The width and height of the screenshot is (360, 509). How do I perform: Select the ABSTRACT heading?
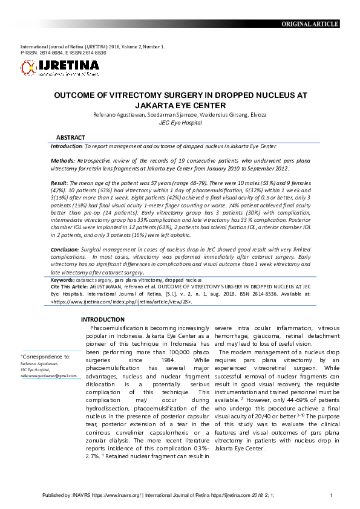coord(70,138)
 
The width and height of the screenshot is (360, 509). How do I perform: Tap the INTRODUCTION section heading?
coord(103,319)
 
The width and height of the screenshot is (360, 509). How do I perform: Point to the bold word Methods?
coord(63,163)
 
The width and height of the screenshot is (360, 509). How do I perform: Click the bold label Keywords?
coord(63,280)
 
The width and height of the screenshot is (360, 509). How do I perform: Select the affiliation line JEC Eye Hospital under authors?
coord(180,122)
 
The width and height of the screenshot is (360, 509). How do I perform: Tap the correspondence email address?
coord(48,375)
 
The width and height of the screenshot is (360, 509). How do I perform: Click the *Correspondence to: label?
coord(46,357)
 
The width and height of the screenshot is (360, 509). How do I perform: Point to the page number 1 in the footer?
coord(331,496)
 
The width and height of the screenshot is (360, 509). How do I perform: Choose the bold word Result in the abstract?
coord(59,183)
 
